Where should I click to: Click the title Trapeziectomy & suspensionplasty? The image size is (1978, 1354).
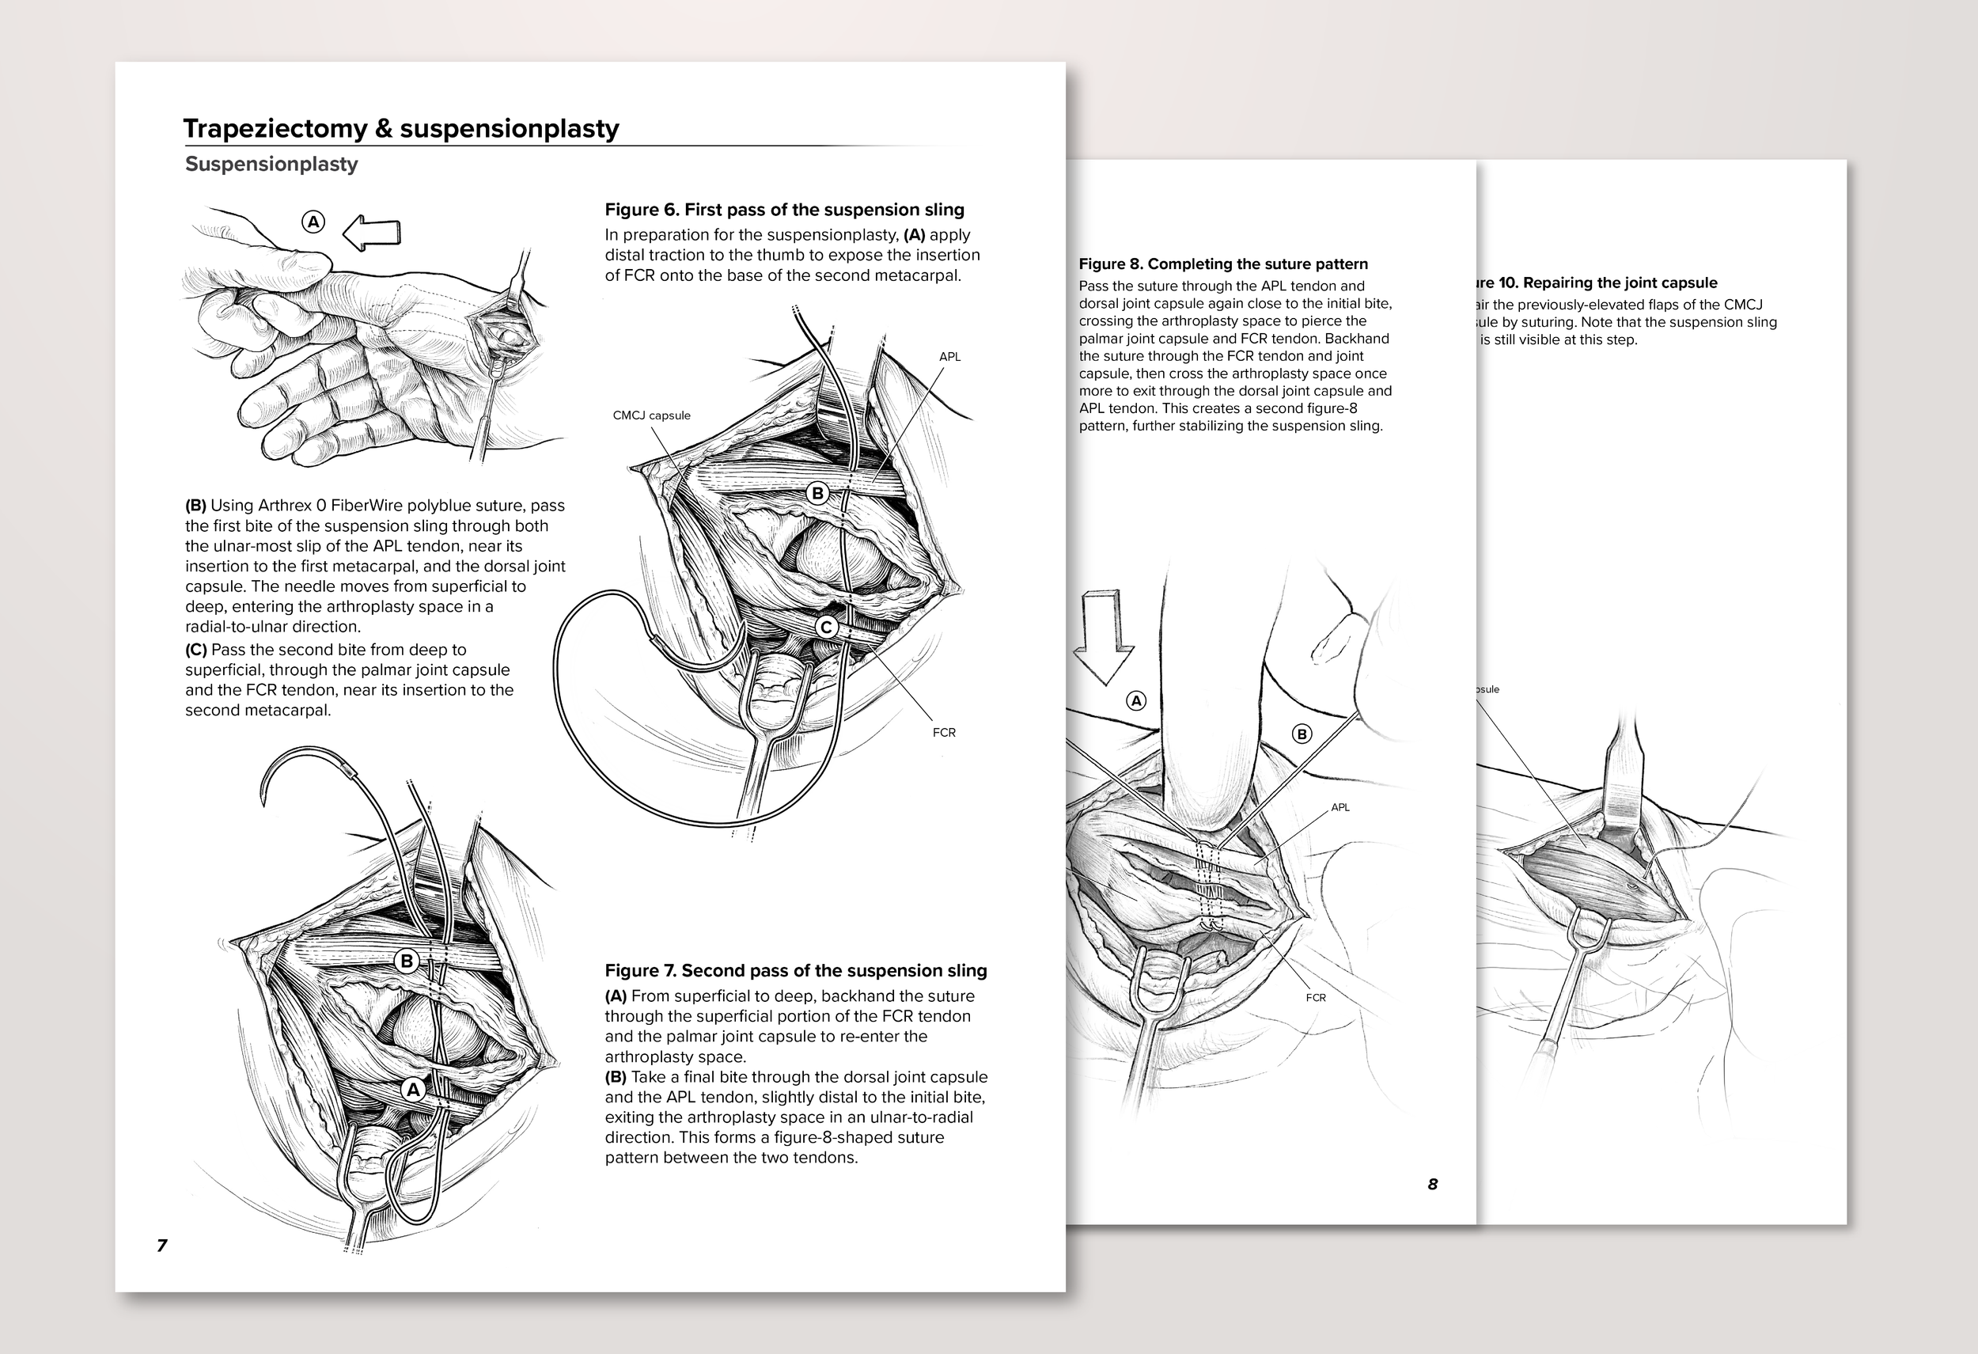[401, 128]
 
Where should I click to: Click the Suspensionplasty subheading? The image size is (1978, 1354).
[271, 165]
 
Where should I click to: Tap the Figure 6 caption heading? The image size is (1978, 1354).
[784, 210]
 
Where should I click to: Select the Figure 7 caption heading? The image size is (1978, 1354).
[795, 971]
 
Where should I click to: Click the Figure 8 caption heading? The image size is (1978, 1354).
[1223, 264]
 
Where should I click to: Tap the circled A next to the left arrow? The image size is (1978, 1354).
[313, 222]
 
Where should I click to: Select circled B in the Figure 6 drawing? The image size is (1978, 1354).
[817, 493]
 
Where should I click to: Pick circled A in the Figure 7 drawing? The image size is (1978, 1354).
[414, 1090]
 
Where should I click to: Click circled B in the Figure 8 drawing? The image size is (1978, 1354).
[1302, 734]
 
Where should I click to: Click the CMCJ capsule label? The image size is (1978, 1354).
[651, 415]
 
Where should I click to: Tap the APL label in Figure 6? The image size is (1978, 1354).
[950, 357]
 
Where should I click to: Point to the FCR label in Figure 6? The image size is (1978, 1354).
[944, 732]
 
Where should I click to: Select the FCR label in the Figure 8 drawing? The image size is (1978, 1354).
[1315, 997]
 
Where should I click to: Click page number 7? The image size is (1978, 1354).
[162, 1245]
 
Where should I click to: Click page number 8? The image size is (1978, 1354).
[1432, 1184]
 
